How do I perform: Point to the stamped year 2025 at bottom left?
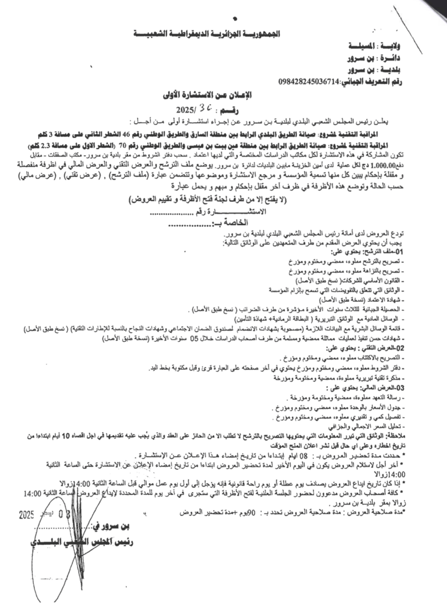point(28,514)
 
